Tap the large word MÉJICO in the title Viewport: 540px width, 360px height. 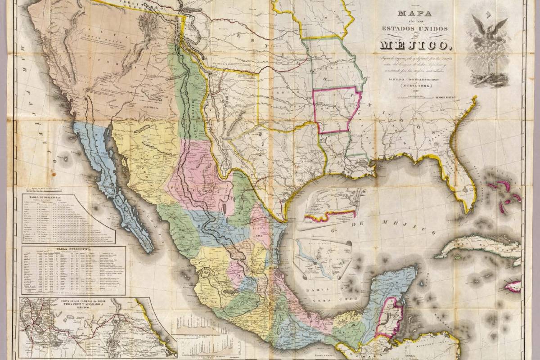tap(414, 45)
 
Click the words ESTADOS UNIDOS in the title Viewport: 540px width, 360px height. tap(414, 29)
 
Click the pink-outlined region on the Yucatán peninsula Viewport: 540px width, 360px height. tap(387, 317)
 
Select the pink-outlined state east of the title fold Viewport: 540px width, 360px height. tap(337, 110)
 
